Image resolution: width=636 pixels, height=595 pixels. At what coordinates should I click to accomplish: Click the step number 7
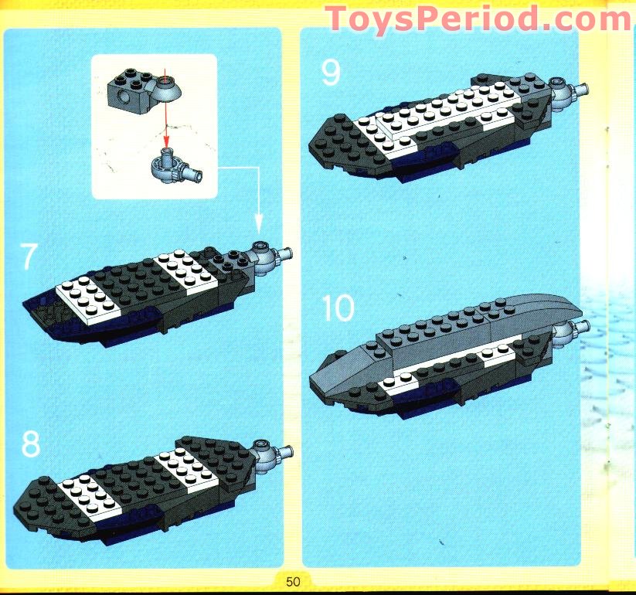click(x=28, y=257)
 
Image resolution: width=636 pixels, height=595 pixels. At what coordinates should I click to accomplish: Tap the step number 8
click(x=30, y=445)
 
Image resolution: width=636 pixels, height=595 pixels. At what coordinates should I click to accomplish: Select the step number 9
click(x=331, y=73)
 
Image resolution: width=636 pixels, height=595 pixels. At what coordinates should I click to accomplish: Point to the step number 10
click(x=338, y=309)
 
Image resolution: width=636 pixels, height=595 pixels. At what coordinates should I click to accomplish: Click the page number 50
click(x=292, y=582)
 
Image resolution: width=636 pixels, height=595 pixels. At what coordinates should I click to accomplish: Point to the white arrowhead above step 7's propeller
click(x=258, y=224)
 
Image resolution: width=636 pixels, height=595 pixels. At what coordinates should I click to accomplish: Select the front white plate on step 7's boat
click(x=91, y=297)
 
